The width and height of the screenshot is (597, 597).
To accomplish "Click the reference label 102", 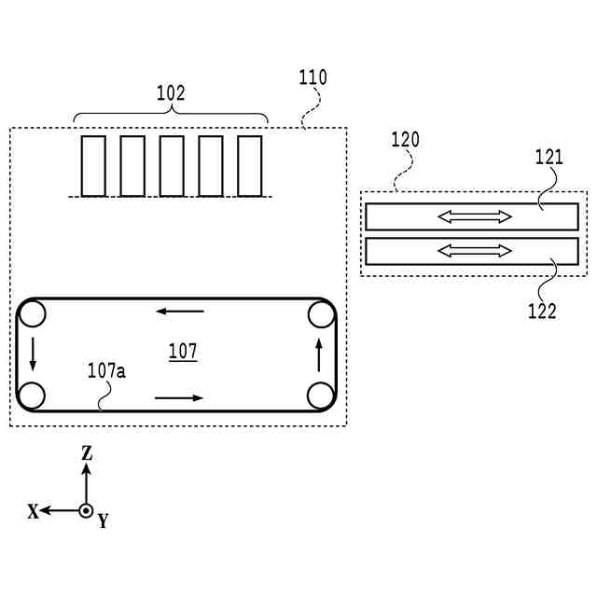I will pyautogui.click(x=170, y=93).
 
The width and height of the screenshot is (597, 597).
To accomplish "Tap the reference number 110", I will pyautogui.click(x=312, y=77).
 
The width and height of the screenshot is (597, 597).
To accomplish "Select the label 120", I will pyautogui.click(x=405, y=140).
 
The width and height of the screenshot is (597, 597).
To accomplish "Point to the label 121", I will pyautogui.click(x=548, y=157).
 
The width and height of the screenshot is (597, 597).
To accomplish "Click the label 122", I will pyautogui.click(x=542, y=312).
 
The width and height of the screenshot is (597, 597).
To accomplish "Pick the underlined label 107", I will pyautogui.click(x=183, y=352).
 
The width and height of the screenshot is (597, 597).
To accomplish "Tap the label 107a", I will pyautogui.click(x=106, y=370).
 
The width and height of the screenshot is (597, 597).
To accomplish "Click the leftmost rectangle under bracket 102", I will pyautogui.click(x=93, y=166).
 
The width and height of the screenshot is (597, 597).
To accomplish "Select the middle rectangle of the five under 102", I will pyautogui.click(x=172, y=166).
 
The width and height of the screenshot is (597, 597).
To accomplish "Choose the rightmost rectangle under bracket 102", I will pyautogui.click(x=250, y=166).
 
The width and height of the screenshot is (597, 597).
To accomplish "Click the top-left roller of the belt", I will pyautogui.click(x=33, y=313).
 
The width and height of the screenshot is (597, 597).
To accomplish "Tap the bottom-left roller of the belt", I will pyautogui.click(x=32, y=396).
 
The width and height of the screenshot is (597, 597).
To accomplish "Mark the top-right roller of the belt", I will pyautogui.click(x=321, y=313).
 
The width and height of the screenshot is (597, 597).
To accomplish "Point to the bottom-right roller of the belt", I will pyautogui.click(x=321, y=396).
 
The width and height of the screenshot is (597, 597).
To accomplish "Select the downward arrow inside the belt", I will pyautogui.click(x=33, y=354).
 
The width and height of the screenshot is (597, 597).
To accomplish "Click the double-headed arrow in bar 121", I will pyautogui.click(x=476, y=217).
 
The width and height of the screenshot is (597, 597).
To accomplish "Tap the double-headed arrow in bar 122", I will pyautogui.click(x=476, y=251).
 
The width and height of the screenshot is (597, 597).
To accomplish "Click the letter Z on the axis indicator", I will pyautogui.click(x=87, y=453).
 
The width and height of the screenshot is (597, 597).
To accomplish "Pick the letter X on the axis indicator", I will pyautogui.click(x=33, y=511).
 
